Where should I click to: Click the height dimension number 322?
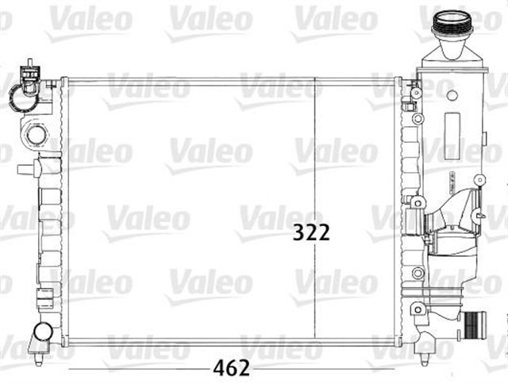coord(311,232)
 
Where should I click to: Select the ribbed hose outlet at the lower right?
coord(475,324)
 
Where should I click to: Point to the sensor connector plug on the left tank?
coord(29,73)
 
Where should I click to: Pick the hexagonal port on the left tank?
coord(36,133)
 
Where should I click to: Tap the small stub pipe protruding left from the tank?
coord(27,168)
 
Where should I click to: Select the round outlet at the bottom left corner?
coord(43,330)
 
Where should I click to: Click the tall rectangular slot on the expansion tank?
coord(452,127)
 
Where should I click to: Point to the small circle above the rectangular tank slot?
coord(452,96)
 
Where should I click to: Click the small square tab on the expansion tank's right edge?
coord(481,182)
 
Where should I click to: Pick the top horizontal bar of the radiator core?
coord(230,81)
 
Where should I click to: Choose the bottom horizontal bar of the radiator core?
coord(230,343)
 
